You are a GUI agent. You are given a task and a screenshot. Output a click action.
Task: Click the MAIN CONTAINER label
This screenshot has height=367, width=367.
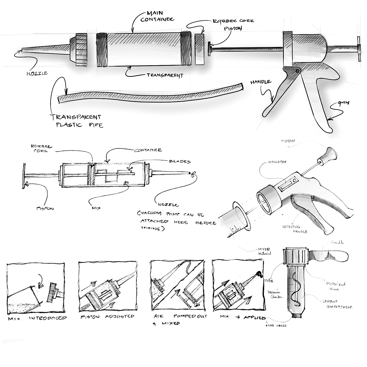(x=157, y=16)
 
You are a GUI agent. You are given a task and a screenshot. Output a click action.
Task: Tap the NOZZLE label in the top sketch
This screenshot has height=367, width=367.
(x=37, y=73)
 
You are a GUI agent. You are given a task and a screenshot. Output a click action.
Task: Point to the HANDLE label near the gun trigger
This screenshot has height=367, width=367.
(x=260, y=82)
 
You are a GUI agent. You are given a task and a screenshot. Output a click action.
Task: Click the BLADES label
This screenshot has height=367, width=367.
(x=180, y=161)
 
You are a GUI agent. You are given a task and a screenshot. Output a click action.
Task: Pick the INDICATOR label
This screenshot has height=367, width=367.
(x=277, y=162)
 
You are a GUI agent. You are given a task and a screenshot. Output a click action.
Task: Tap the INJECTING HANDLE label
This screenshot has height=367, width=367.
(x=294, y=229)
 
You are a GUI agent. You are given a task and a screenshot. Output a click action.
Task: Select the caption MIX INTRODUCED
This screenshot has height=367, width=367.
(x=37, y=318)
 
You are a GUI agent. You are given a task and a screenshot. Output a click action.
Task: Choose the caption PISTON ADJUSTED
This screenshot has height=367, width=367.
(x=107, y=317)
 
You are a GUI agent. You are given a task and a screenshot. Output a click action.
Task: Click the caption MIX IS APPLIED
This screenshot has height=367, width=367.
(x=243, y=317)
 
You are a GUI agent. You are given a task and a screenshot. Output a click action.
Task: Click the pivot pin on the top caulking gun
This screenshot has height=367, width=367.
(x=297, y=71)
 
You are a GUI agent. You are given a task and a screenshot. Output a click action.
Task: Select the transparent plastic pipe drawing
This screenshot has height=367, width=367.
(x=149, y=94)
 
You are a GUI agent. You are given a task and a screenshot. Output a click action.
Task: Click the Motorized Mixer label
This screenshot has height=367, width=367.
(x=336, y=286)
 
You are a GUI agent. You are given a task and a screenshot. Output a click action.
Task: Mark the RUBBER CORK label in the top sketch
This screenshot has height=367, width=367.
(x=233, y=21)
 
